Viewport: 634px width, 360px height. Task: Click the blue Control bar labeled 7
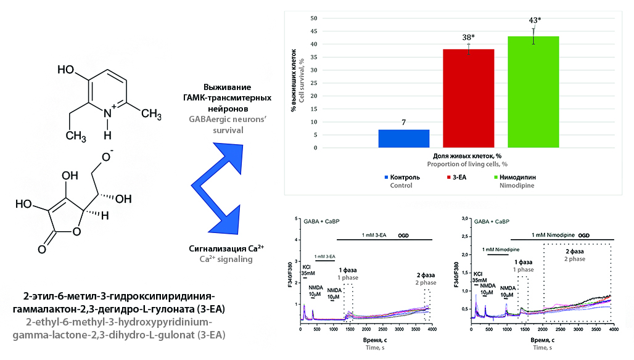click(403, 139)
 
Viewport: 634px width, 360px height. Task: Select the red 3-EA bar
click(469, 98)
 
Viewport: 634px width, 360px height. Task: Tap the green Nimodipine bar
click(533, 92)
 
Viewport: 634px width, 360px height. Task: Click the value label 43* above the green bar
click(535, 20)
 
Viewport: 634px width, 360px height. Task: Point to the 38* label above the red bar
click(469, 38)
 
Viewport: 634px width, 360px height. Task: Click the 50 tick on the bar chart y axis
click(314, 18)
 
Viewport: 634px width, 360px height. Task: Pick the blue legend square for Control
click(386, 178)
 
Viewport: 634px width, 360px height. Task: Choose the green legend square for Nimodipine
click(495, 178)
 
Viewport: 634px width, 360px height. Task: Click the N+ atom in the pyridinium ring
click(109, 113)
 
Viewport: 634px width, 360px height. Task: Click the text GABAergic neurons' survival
click(228, 125)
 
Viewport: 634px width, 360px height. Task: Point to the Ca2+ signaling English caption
click(226, 259)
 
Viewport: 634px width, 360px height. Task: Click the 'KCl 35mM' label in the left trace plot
click(308, 270)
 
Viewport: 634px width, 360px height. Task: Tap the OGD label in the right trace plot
click(584, 235)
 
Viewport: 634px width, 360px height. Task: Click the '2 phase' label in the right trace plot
click(575, 258)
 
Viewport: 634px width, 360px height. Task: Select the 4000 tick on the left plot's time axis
click(432, 329)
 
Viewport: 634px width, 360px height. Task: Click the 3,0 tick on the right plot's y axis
click(464, 219)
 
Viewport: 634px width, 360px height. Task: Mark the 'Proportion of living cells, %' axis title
click(467, 165)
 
